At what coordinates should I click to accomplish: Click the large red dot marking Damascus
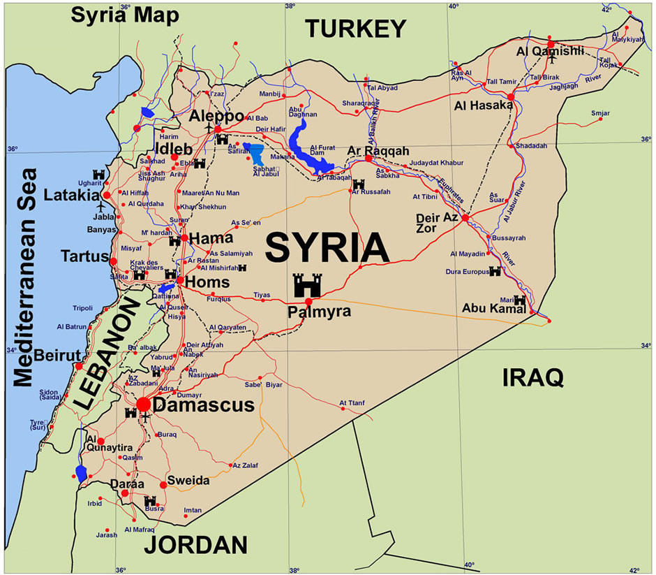[143, 404]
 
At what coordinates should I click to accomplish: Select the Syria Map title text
[125, 15]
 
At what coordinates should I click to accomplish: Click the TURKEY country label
[356, 29]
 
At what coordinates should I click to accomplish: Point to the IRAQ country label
[532, 378]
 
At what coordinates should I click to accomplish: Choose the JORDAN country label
[196, 545]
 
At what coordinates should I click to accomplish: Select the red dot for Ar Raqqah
[368, 159]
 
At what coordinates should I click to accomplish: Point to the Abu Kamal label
[493, 309]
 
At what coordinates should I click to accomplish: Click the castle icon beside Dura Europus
[495, 271]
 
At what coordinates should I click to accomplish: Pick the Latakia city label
[72, 194]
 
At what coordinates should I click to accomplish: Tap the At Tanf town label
[352, 402]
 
